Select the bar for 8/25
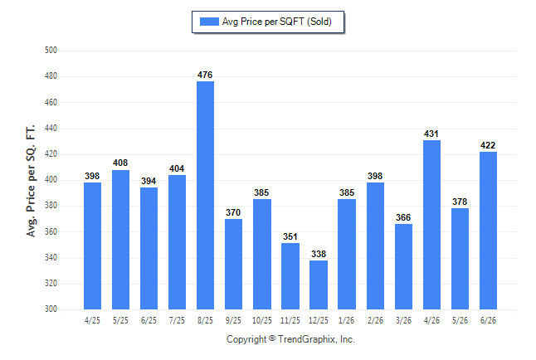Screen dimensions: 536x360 205,195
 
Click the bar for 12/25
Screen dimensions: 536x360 319,285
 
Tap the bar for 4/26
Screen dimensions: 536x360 431,225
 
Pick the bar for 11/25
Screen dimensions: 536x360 290,276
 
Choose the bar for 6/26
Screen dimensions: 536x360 488,231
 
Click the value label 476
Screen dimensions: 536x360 205,75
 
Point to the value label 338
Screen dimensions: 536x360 319,254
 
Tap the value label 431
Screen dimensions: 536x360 431,134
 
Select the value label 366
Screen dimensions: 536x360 403,217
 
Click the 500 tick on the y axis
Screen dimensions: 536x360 51,51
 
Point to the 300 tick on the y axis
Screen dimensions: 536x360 51,309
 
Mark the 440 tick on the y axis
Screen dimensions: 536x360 51,129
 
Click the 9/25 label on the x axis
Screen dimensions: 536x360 233,320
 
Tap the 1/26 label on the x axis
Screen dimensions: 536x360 346,320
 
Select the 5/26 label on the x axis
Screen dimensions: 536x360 460,320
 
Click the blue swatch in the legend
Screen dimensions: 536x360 209,22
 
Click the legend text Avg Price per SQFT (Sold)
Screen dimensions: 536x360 277,22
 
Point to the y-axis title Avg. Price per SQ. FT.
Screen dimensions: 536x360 31,181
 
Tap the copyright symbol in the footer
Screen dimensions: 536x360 272,338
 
